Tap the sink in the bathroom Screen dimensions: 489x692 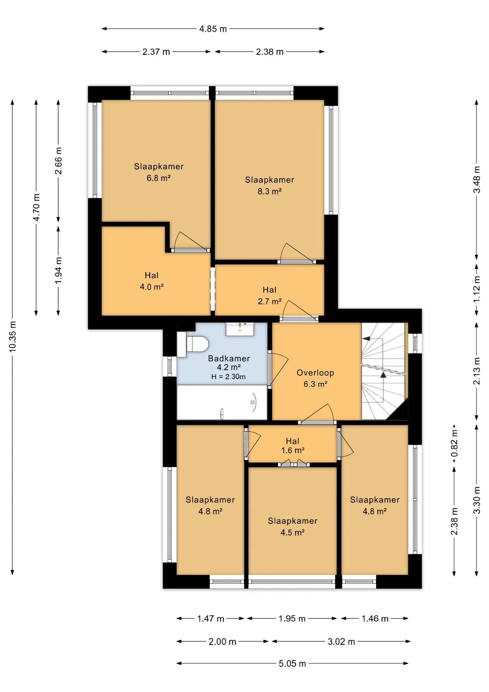[x=240, y=329]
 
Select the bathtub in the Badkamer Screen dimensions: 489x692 [x=222, y=402]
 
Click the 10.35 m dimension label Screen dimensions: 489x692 [x=13, y=336]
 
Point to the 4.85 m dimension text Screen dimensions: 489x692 [x=213, y=29]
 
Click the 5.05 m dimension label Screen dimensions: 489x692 [x=292, y=664]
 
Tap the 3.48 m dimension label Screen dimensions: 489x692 [x=476, y=179]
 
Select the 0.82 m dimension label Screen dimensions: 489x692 [x=454, y=443]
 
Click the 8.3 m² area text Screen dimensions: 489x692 [x=269, y=191]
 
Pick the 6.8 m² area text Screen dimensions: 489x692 [x=158, y=178]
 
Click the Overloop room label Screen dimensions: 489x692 [x=315, y=373]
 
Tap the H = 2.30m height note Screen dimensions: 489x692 [x=228, y=377]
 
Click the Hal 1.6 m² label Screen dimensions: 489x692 [x=293, y=446]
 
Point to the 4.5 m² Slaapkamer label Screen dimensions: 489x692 [x=293, y=527]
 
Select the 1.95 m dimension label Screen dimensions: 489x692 [x=292, y=619]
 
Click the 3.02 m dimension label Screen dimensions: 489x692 [x=341, y=642]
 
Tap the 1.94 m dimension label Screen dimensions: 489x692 [x=58, y=270]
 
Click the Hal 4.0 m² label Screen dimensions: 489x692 [x=152, y=281]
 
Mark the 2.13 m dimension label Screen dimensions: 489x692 [x=476, y=371]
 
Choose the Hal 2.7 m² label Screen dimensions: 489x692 [x=269, y=296]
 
